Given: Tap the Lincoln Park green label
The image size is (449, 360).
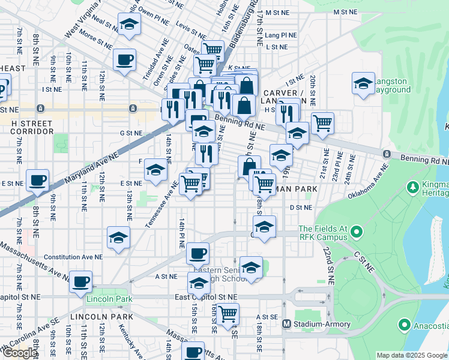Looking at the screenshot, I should pos(109,299).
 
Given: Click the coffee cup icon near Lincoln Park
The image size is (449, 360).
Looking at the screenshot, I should pos(81,281).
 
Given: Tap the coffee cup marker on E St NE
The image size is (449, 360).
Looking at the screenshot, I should pos(37,179).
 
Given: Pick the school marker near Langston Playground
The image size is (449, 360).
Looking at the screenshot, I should pos(363,84).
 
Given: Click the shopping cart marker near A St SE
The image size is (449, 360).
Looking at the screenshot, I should pos(228,313).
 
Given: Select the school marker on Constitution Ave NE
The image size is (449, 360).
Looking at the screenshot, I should pos(118,237).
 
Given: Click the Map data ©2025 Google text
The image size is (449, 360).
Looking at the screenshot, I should pos(411,355).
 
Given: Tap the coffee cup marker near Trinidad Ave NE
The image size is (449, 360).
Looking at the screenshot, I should pos(125,59).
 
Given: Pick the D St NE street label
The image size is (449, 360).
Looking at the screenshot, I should pos(301,207).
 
